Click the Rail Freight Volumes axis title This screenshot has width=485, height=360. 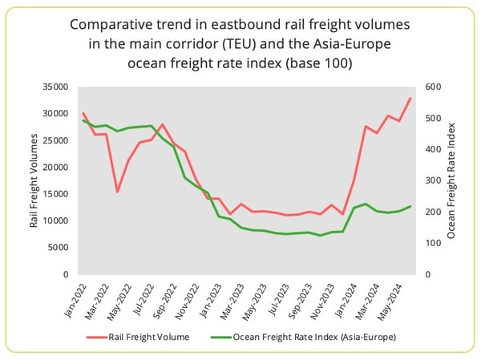click(x=34, y=180)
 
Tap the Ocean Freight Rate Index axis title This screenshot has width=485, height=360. click(x=451, y=180)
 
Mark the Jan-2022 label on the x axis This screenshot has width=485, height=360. click(x=74, y=297)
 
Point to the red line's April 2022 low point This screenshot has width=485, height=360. click(x=118, y=192)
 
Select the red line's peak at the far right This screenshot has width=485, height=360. click(x=410, y=99)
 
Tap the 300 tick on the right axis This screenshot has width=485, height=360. click(x=431, y=180)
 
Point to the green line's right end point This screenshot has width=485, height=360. click(x=410, y=207)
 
